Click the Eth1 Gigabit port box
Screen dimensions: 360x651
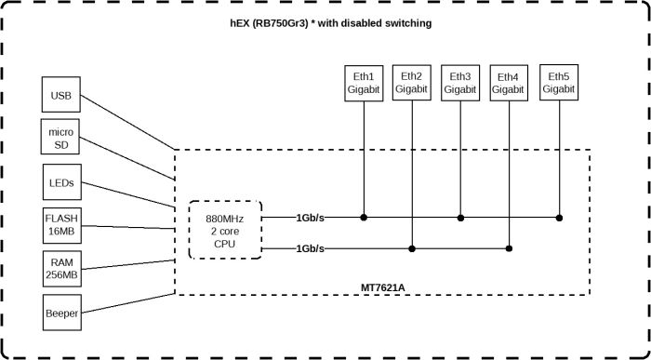[x=364, y=83]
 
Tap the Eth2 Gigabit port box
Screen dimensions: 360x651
[x=411, y=83]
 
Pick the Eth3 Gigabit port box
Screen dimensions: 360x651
[x=459, y=83]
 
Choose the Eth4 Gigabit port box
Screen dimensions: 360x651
[x=508, y=83]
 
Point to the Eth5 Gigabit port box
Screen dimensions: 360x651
[x=558, y=83]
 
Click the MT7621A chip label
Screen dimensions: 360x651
[x=382, y=287]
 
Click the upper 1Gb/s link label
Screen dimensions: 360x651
[x=311, y=218]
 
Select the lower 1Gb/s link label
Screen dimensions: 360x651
[x=311, y=249]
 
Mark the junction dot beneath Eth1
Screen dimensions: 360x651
[x=364, y=218]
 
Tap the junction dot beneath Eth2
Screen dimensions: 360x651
[x=411, y=248]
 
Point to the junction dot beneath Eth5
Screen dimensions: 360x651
[x=558, y=218]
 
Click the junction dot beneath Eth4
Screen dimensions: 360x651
[x=508, y=248]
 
